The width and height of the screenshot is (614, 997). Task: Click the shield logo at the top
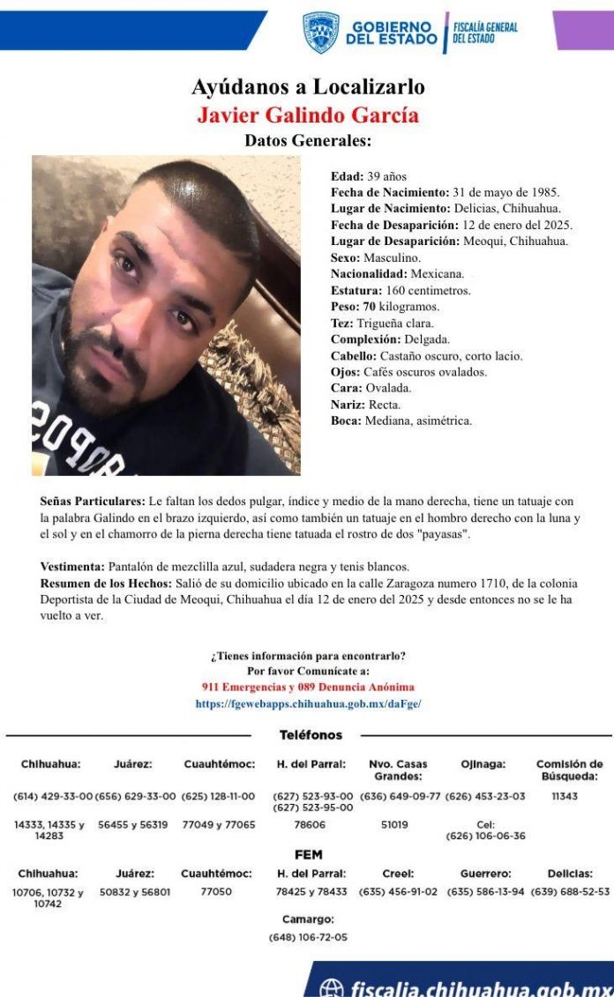pos(320,32)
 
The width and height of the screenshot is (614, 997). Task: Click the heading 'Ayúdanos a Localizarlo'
pos(308,87)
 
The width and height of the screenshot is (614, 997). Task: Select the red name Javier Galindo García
pos(308,115)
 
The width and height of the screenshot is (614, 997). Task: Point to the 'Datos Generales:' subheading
pos(308,141)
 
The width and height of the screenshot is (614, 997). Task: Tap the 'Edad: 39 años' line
pos(369,177)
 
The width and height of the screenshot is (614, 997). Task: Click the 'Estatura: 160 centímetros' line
pos(401,290)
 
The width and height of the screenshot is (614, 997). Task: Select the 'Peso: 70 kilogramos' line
pos(385,307)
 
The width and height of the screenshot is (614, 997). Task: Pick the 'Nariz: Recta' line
pos(366,405)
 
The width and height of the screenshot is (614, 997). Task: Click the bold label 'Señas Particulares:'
pos(93,502)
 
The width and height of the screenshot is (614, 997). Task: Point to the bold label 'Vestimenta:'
pos(72,566)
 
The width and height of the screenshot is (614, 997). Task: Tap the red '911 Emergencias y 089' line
pos(308,687)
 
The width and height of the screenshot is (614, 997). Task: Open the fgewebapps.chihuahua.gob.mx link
pos(308,704)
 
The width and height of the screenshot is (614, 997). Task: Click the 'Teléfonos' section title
pos(311,735)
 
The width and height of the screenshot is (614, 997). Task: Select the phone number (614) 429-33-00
pos(52,797)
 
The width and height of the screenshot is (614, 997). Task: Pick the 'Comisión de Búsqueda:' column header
pos(570,770)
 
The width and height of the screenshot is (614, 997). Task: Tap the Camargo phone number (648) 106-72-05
pos(308,937)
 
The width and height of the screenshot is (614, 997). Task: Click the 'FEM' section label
pos(308,855)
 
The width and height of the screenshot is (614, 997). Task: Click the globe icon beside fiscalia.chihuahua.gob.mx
pos(331,988)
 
